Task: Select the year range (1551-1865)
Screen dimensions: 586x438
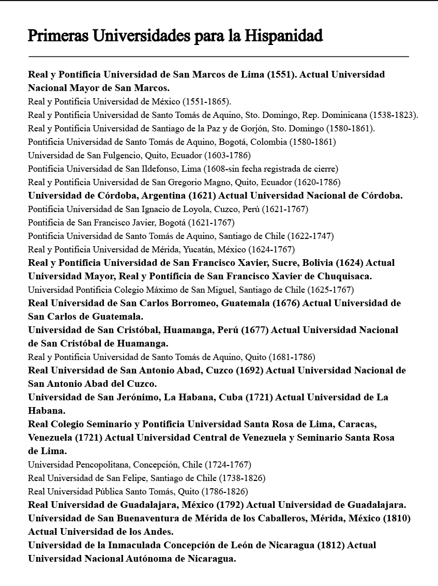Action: pos(207,101)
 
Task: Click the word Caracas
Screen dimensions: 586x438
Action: pos(357,424)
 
